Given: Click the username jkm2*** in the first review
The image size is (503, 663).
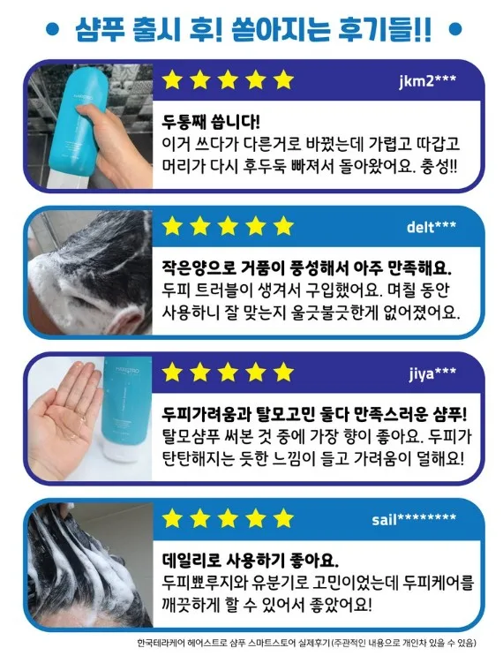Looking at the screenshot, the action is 427,80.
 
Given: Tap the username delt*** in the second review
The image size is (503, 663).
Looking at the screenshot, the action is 432,227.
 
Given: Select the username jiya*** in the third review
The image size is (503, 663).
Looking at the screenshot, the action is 432,373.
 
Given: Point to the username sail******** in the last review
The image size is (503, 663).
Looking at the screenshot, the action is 414,518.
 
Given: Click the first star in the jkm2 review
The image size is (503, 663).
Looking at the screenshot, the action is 172,79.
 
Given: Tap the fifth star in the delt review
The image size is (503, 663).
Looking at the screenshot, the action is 283,226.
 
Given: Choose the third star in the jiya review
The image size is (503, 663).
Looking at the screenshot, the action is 228,372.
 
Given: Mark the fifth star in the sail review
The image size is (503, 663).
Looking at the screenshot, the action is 283,518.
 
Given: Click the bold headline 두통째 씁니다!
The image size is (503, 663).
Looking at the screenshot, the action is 211,122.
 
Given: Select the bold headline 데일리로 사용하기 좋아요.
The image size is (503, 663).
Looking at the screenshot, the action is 251,561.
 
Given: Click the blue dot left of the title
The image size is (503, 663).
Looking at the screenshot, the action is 52,29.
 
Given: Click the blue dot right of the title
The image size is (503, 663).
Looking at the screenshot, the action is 454,29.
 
